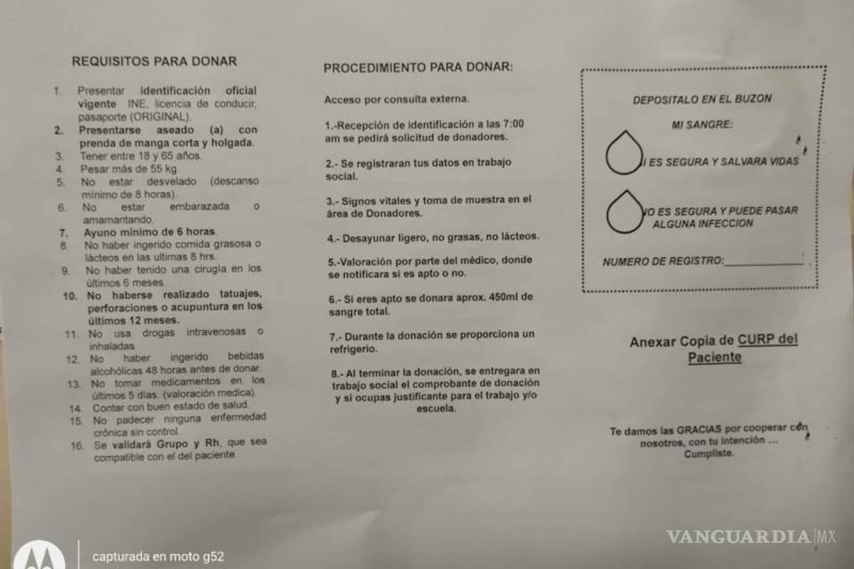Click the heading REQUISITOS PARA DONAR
click(x=154, y=61)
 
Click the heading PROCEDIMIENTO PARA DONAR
click(x=418, y=68)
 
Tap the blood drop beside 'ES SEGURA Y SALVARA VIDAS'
click(x=624, y=152)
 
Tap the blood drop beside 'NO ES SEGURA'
click(x=624, y=211)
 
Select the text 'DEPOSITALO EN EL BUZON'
click(x=702, y=100)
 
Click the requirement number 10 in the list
click(x=70, y=296)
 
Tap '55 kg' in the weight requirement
click(x=163, y=169)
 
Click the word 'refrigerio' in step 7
click(x=354, y=349)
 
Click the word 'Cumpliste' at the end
click(x=707, y=453)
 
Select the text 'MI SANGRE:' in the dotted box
click(x=702, y=125)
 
